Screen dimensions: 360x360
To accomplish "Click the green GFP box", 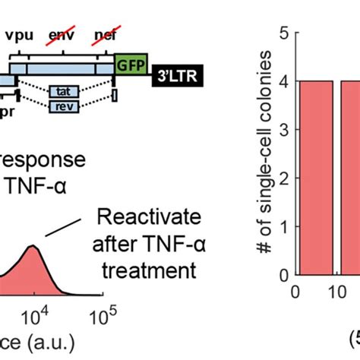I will pos(131,65).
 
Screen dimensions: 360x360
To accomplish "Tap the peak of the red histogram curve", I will pos(32,246).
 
